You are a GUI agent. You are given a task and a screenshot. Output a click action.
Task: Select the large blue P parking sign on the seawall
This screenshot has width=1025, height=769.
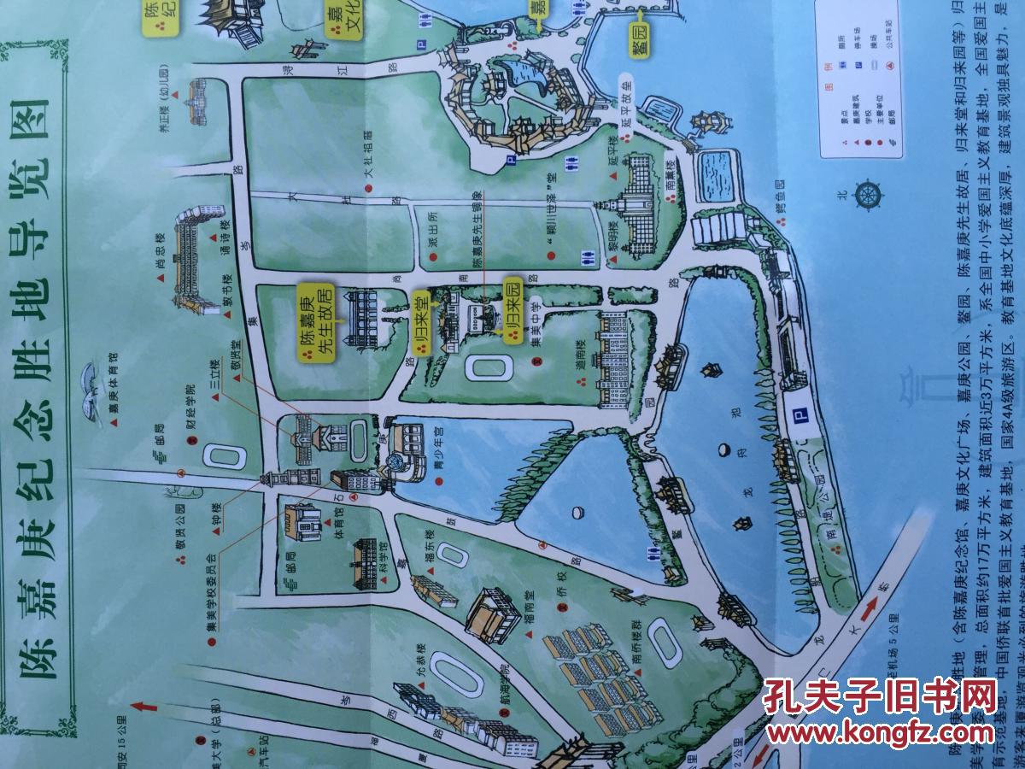coord(799,416)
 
